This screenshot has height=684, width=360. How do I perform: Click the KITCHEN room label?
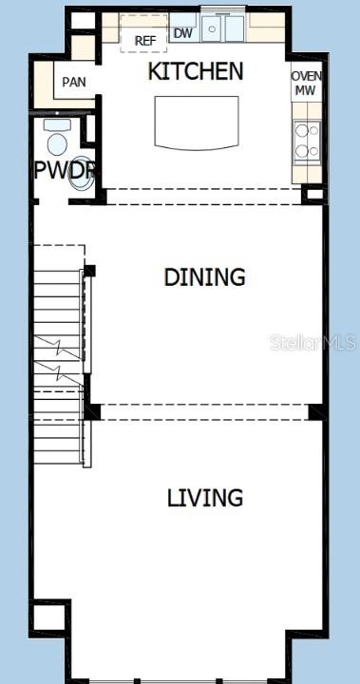point(195,71)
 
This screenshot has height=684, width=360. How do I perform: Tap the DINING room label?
point(204,277)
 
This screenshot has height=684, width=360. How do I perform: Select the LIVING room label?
point(205,498)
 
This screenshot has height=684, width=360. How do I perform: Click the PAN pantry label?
point(74,82)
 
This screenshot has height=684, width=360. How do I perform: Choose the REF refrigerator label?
point(145,41)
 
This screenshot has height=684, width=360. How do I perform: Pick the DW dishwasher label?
point(182,33)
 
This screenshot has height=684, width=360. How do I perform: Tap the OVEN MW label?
point(306,84)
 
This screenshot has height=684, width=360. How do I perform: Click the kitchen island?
point(197,123)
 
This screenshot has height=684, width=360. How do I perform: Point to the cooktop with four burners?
point(306,140)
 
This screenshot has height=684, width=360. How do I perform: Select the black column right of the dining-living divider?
point(316,412)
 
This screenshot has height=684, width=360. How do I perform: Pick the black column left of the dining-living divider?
point(92,411)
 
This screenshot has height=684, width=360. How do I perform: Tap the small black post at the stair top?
point(90,272)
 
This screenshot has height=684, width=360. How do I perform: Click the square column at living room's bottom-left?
point(50,618)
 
